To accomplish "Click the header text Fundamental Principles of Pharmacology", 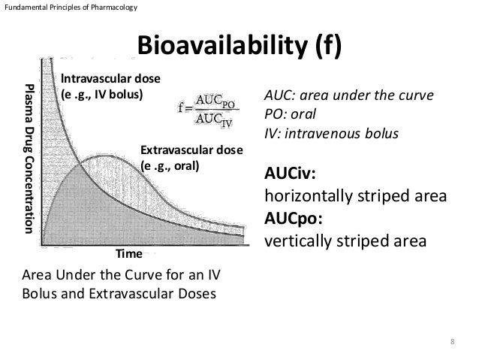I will (69, 8).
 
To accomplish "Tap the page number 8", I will (452, 343).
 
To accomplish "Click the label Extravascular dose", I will (191, 150).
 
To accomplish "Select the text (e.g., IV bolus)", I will (101, 95).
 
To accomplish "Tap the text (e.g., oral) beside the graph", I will (170, 166).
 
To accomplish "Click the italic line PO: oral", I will (289, 116).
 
